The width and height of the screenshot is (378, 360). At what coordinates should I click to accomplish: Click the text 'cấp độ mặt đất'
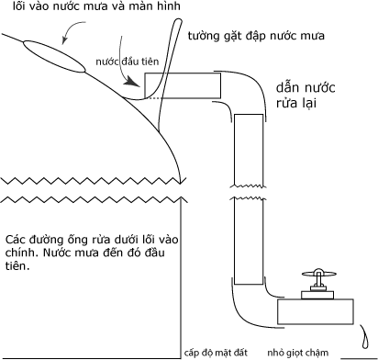pos(218,351)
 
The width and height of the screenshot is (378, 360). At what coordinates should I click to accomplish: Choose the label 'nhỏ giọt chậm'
pos(303,351)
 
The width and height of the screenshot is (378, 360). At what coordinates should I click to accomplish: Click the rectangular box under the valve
pos(315,310)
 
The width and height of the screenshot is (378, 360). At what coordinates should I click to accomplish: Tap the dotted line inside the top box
pos(160,96)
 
